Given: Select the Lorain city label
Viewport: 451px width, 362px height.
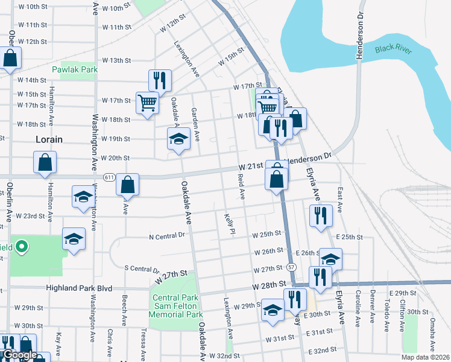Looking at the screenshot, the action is click(x=49, y=139).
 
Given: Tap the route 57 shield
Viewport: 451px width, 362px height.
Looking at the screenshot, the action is click(x=292, y=267).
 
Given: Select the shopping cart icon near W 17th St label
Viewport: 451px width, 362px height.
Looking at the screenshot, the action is click(x=147, y=103).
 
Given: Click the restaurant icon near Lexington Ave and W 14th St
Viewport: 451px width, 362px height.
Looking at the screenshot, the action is click(x=160, y=80).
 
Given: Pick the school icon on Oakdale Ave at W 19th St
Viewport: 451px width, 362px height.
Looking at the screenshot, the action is click(x=178, y=139).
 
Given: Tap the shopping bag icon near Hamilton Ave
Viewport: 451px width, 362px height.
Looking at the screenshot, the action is click(x=45, y=162).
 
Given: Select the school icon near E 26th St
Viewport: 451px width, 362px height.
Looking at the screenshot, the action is click(x=330, y=259).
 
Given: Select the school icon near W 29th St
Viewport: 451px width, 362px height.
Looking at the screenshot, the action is click(x=273, y=311).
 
